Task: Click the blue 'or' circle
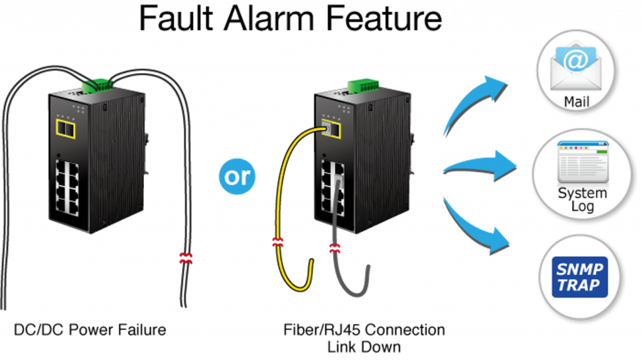pos(237,176)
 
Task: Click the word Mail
pos(576,101)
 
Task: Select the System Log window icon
pos(582,162)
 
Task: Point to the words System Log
pos(582,198)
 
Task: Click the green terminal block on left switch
pos(96,85)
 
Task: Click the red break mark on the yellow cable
pos(277,242)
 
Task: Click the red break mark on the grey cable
pos(336,248)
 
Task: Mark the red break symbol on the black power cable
pos(187,257)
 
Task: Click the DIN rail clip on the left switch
pos(149,153)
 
